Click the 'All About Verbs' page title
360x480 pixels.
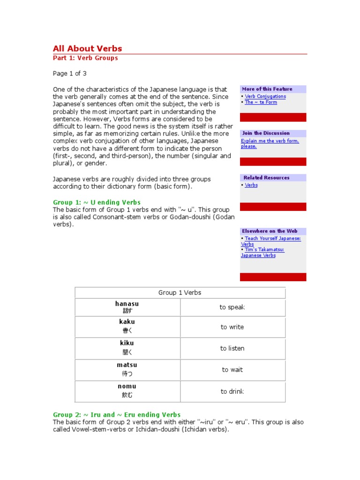click(87, 48)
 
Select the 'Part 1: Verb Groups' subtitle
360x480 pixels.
click(85, 58)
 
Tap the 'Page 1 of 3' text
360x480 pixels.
click(69, 74)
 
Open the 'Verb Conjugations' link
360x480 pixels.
click(265, 97)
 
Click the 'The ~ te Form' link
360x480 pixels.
click(261, 102)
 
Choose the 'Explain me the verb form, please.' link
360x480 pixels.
click(270, 143)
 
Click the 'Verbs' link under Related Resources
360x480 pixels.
click(251, 185)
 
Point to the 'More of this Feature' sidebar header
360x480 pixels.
click(267, 89)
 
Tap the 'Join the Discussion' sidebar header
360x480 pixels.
click(266, 133)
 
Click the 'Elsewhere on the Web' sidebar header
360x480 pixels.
click(270, 231)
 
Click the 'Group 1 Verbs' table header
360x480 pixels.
click(180, 293)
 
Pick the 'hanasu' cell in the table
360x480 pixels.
click(127, 307)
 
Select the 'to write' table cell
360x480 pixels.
click(232, 327)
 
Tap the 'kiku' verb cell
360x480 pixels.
click(127, 347)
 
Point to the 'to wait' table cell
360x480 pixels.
click(232, 370)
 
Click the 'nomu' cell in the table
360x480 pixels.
click(127, 391)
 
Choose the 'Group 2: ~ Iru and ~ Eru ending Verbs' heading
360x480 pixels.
click(117, 415)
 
